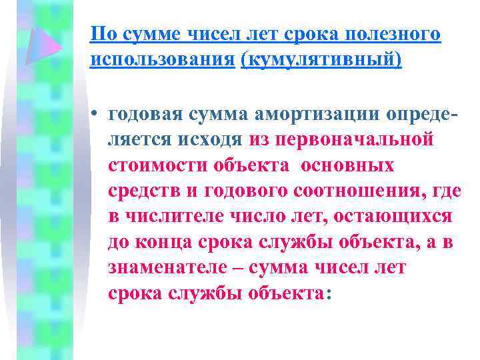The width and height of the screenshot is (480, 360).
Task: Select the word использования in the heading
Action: pos(163,59)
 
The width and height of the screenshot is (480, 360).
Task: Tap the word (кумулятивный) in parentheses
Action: pos(322,59)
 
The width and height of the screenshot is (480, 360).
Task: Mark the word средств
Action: pos(139,191)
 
